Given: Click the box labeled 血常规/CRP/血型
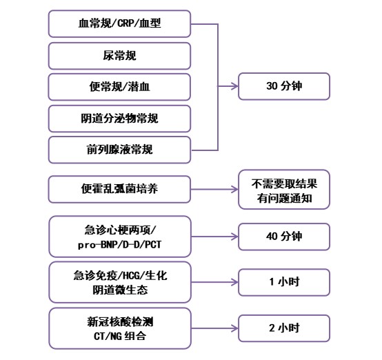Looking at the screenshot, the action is click(x=119, y=23).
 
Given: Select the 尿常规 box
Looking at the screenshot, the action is click(x=119, y=56).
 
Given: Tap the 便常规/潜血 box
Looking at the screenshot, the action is click(x=119, y=87).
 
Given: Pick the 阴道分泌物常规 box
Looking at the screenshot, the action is click(x=119, y=119).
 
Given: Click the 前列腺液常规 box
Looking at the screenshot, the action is click(x=119, y=150).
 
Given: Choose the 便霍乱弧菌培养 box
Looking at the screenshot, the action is click(x=119, y=189).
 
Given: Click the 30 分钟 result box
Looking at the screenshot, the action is click(x=284, y=86).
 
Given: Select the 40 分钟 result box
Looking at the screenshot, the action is click(x=284, y=237).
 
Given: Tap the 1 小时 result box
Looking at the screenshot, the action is click(x=284, y=282).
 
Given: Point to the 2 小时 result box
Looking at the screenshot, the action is click(x=284, y=328).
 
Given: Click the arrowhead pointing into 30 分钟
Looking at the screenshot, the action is click(x=235, y=86).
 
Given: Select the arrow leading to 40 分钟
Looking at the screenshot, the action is click(x=214, y=237).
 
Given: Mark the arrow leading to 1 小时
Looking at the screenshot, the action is click(x=214, y=282).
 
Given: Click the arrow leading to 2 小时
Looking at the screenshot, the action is click(x=214, y=328).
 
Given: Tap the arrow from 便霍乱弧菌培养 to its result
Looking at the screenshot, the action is click(x=214, y=189).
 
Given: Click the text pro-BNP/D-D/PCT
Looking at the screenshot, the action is click(x=119, y=244).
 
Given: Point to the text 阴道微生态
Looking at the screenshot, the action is click(x=120, y=290).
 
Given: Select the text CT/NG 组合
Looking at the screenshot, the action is click(x=120, y=336).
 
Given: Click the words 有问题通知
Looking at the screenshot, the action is click(x=284, y=198).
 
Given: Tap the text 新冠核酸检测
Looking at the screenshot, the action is click(x=120, y=322).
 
